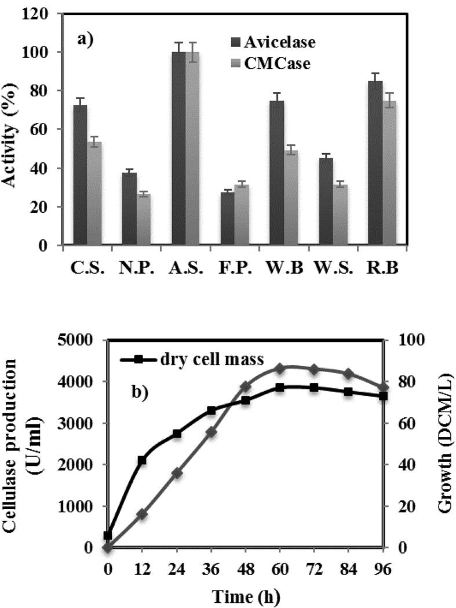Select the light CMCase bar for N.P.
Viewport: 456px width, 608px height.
(x=143, y=219)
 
